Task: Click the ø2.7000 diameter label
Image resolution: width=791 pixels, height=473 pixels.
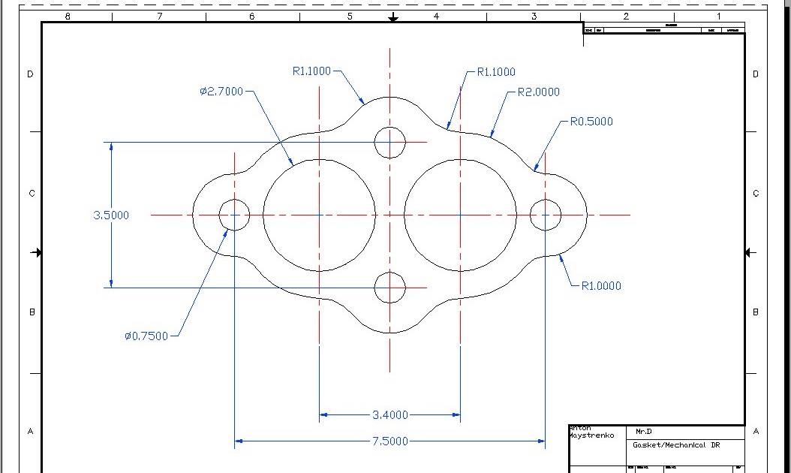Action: (x=221, y=92)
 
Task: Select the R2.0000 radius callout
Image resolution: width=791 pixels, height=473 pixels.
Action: (x=539, y=92)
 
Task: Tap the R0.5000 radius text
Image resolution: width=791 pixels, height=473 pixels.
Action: (x=591, y=121)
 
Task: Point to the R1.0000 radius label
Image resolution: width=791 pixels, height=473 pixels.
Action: (x=601, y=286)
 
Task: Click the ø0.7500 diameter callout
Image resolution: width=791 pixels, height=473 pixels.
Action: (x=146, y=336)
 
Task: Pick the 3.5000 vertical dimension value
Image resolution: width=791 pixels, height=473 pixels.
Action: (x=111, y=215)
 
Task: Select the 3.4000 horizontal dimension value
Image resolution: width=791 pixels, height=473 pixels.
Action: (x=390, y=414)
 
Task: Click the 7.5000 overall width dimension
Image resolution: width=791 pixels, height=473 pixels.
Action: (x=390, y=441)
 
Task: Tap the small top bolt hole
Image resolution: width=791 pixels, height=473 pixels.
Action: (x=389, y=142)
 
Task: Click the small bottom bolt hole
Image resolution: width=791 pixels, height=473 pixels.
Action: (x=389, y=288)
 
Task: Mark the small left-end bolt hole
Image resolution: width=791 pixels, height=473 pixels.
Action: (x=234, y=215)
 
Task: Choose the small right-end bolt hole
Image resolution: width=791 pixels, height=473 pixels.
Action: (x=546, y=215)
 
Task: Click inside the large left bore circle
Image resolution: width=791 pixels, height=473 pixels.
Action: (x=319, y=215)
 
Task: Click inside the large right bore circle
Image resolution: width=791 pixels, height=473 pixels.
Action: (x=460, y=215)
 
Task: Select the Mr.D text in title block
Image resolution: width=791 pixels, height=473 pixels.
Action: (x=644, y=432)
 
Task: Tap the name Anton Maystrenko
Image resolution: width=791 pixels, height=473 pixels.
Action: (x=591, y=432)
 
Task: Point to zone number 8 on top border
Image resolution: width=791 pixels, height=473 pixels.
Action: (x=68, y=16)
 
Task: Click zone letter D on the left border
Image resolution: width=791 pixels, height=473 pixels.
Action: (x=31, y=74)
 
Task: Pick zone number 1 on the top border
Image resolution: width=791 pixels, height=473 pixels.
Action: (x=718, y=16)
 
